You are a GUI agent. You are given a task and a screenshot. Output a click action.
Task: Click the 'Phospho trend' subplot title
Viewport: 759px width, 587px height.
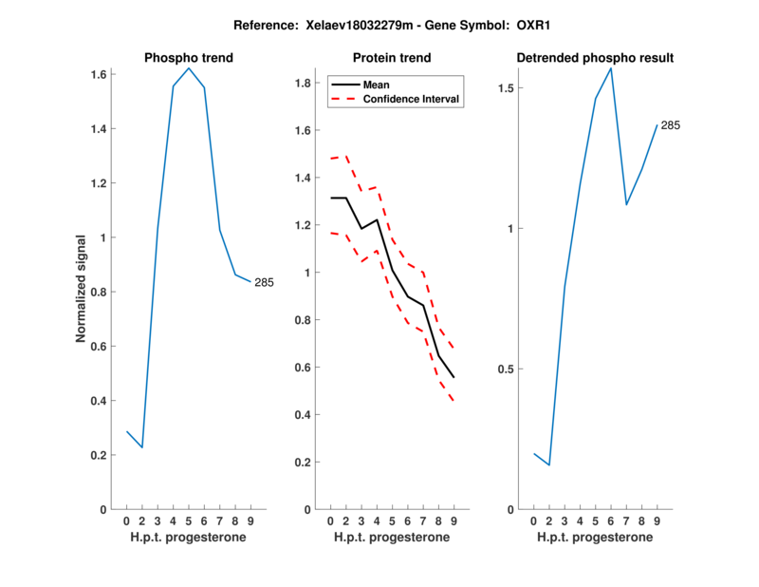coord(188,58)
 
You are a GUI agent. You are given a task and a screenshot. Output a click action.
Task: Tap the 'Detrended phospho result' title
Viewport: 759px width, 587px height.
coord(595,58)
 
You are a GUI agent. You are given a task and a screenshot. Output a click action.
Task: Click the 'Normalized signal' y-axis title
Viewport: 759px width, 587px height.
coord(83,289)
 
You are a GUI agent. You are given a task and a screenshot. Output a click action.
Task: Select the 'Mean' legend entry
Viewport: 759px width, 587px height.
coord(377,85)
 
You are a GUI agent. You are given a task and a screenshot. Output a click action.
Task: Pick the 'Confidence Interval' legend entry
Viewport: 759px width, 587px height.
coord(412,99)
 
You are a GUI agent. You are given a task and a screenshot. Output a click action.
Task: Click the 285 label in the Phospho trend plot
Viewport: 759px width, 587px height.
coord(264,282)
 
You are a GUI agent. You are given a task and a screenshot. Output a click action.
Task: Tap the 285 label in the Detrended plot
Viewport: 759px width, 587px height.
coord(671,125)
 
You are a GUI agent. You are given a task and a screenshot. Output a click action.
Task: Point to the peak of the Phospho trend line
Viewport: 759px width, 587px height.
coord(189,68)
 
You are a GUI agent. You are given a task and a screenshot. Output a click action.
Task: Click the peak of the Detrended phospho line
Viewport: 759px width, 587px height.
coord(611,68)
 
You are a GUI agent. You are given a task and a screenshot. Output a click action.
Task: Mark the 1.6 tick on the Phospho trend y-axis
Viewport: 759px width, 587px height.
coord(99,74)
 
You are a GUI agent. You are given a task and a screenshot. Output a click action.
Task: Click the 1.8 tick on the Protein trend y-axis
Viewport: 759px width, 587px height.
coord(302,84)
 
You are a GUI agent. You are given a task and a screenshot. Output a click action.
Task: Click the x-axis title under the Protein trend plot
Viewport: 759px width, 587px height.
coord(391,538)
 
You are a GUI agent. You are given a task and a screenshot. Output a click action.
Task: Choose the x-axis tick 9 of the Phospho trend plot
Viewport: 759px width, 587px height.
coord(250,521)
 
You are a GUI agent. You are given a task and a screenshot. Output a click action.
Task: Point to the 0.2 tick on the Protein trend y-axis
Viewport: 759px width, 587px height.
coord(302,463)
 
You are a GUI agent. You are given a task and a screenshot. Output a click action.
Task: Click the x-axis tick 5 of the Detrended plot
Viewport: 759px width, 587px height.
coord(596,521)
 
